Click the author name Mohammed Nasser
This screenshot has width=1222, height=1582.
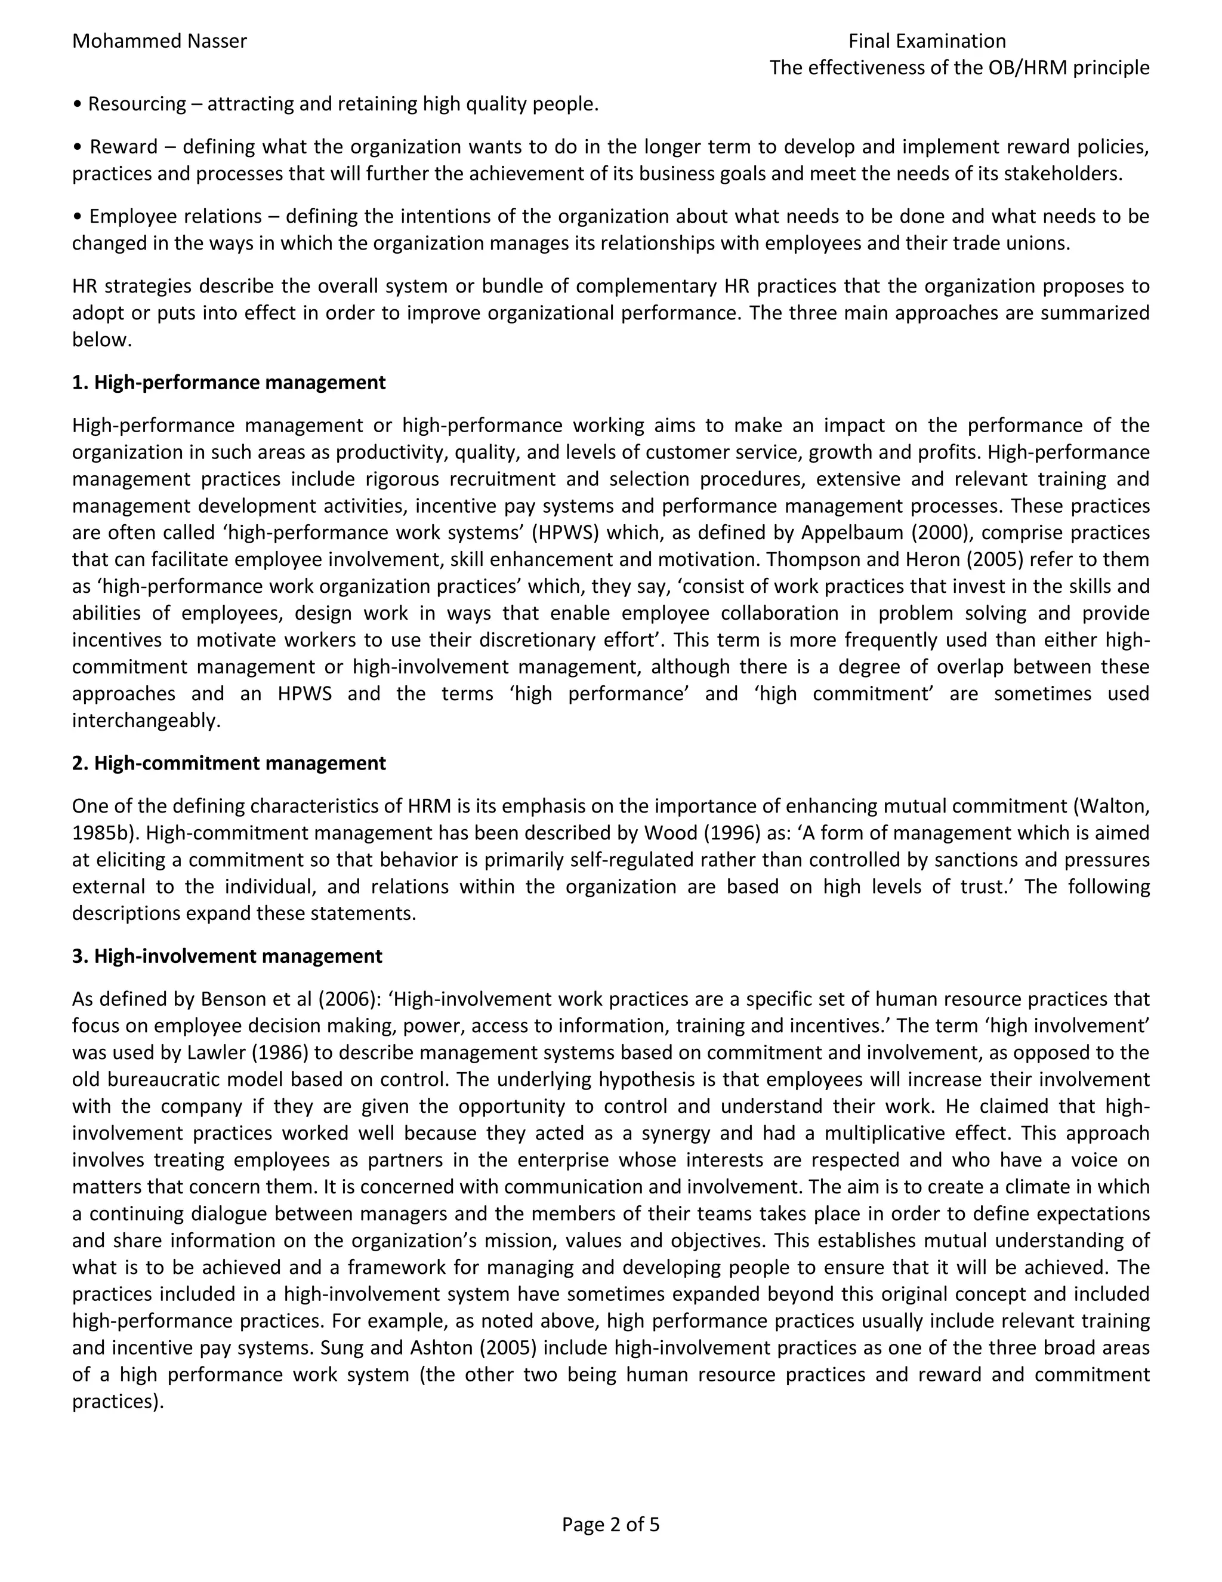coord(159,41)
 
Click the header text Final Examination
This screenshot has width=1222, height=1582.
coord(927,41)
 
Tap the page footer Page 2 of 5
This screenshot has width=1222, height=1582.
coord(610,1525)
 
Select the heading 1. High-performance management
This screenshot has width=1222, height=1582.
coord(229,383)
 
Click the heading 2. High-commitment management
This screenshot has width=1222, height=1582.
coord(229,763)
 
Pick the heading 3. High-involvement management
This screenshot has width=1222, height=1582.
coord(227,956)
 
